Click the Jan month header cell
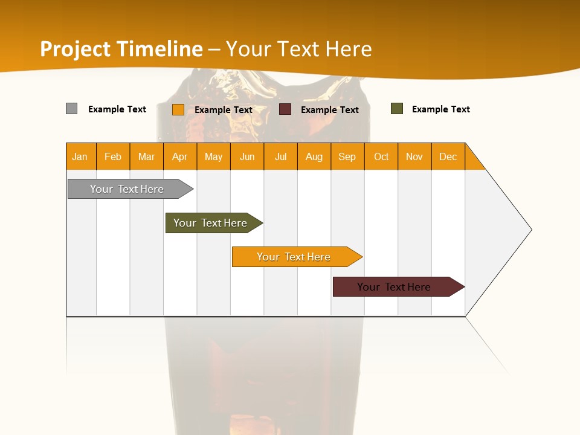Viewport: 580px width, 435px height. pos(80,156)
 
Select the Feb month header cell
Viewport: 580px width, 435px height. pos(113,156)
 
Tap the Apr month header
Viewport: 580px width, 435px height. pos(180,156)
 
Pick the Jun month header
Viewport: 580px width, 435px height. pos(247,156)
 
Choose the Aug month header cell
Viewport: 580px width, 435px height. pos(314,156)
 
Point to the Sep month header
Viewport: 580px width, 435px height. pos(347,156)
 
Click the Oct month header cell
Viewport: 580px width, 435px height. pos(381,156)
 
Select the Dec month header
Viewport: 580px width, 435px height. pos(448,156)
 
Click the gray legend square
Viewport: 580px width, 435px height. pos(71,109)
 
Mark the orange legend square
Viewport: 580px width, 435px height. pos(178,109)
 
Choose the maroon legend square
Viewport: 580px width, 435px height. pos(285,109)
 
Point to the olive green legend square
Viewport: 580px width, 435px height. pos(397,109)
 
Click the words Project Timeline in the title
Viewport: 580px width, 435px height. pos(121,49)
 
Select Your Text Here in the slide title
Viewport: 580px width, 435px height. pos(299,49)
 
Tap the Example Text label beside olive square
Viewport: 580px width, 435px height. pos(440,109)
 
